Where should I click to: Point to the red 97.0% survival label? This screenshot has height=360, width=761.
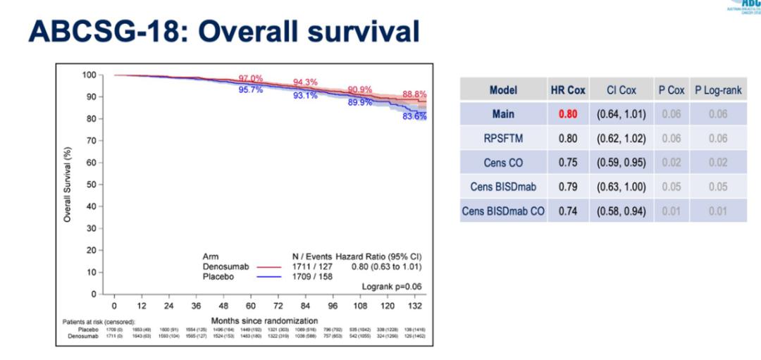point(251,78)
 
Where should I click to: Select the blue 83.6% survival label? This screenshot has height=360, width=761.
point(414,117)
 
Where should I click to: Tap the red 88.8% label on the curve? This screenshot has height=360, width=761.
point(414,94)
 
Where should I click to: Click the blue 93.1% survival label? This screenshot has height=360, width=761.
point(306,96)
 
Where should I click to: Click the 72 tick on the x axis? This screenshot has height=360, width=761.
point(278,306)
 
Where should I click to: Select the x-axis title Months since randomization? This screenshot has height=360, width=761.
point(264,321)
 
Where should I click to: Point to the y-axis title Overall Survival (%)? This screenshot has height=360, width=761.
point(68,185)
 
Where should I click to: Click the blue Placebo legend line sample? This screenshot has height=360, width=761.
point(268,277)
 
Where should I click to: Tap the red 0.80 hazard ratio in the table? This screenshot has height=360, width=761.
point(568,114)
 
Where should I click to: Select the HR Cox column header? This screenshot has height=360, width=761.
point(568,90)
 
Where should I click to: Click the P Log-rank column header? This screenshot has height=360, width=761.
point(718,90)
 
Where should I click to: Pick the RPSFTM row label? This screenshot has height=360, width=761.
point(503,138)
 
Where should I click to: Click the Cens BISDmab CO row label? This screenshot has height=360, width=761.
point(503,211)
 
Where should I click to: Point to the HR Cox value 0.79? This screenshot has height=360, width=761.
point(568,187)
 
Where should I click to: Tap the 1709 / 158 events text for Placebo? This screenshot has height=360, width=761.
point(312,277)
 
